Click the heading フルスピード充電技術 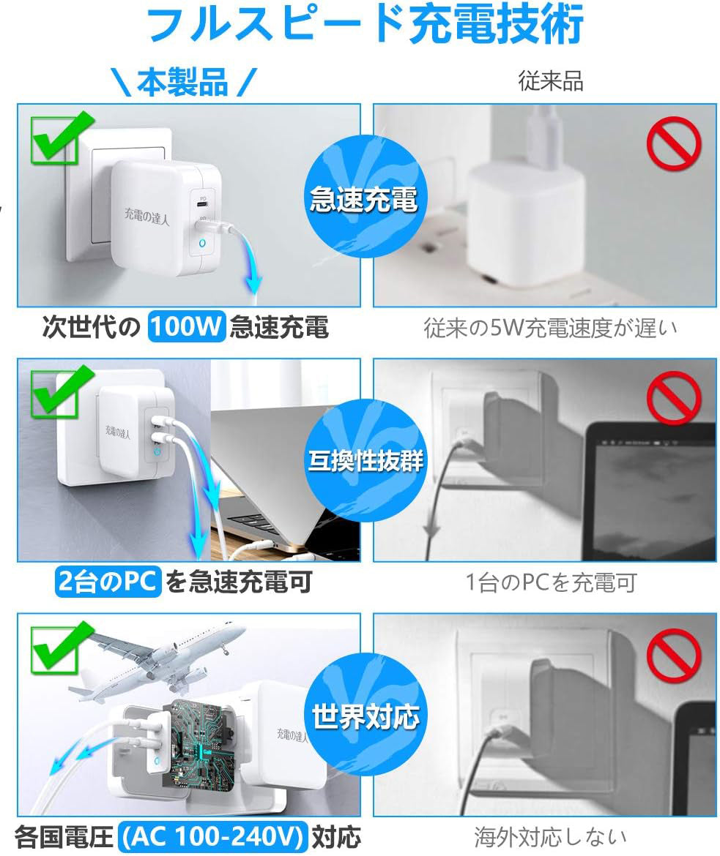[x=365, y=23]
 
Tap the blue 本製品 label [x=182, y=83]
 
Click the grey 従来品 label [x=551, y=80]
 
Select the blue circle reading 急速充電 [x=365, y=197]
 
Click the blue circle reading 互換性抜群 [x=365, y=460]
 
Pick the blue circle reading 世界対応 [x=365, y=715]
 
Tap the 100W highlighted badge [x=187, y=326]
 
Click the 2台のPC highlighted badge [x=108, y=581]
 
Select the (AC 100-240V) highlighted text [x=212, y=836]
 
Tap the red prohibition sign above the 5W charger [x=674, y=143]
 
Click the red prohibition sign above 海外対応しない [x=674, y=654]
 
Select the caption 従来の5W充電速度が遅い [x=550, y=328]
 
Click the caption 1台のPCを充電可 [x=551, y=582]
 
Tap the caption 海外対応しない [x=549, y=836]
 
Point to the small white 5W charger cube [x=525, y=224]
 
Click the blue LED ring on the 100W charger [x=202, y=243]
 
